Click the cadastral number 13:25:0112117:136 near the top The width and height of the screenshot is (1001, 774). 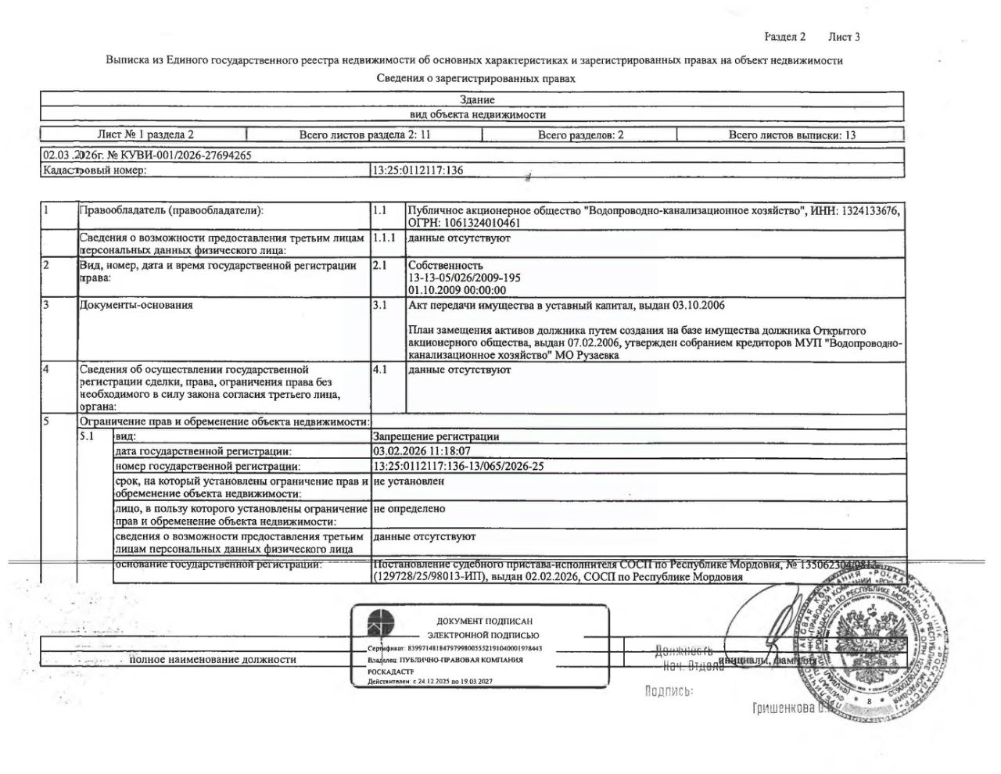(x=418, y=170)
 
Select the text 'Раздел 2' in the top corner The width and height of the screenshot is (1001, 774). (x=784, y=37)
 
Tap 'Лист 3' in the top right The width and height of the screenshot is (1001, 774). (x=844, y=37)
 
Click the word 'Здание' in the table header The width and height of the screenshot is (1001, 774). (x=477, y=100)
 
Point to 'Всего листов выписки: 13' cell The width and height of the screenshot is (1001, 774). (x=791, y=134)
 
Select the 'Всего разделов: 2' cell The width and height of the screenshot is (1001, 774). (x=580, y=134)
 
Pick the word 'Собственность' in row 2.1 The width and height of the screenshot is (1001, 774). (x=446, y=265)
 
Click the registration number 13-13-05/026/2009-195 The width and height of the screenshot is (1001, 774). (x=464, y=278)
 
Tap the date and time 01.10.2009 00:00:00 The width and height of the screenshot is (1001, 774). (x=457, y=290)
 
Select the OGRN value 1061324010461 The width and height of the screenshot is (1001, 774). (x=479, y=223)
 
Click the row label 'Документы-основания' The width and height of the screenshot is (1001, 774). (x=135, y=305)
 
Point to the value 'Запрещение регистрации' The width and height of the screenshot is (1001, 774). (x=436, y=436)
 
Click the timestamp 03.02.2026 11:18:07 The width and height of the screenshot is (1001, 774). (x=422, y=451)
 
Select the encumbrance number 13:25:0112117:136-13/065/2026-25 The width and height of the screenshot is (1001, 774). (x=458, y=466)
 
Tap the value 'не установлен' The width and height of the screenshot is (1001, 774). (x=408, y=482)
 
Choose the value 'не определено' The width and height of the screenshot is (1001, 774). (x=409, y=508)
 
